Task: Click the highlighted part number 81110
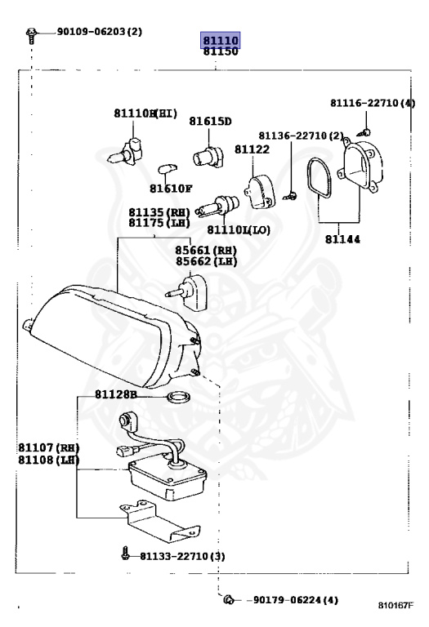coord(221,40)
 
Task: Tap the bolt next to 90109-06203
coord(31,35)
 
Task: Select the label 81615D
coord(210,121)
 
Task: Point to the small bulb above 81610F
coord(168,169)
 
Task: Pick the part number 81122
coord(252,149)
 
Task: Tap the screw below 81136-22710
coord(291,196)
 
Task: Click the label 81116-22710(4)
coord(373,103)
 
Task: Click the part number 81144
coord(342,239)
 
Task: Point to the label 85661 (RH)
coord(206,251)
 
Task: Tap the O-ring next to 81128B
coord(178,398)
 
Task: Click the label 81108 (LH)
coord(48,460)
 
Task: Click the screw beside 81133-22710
coord(126,553)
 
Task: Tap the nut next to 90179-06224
coord(230,599)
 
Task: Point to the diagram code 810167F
coord(395,605)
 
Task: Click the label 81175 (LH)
coord(159,223)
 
